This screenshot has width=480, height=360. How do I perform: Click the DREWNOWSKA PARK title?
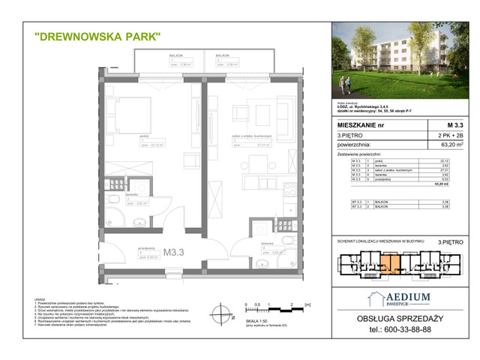[x=97, y=35]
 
